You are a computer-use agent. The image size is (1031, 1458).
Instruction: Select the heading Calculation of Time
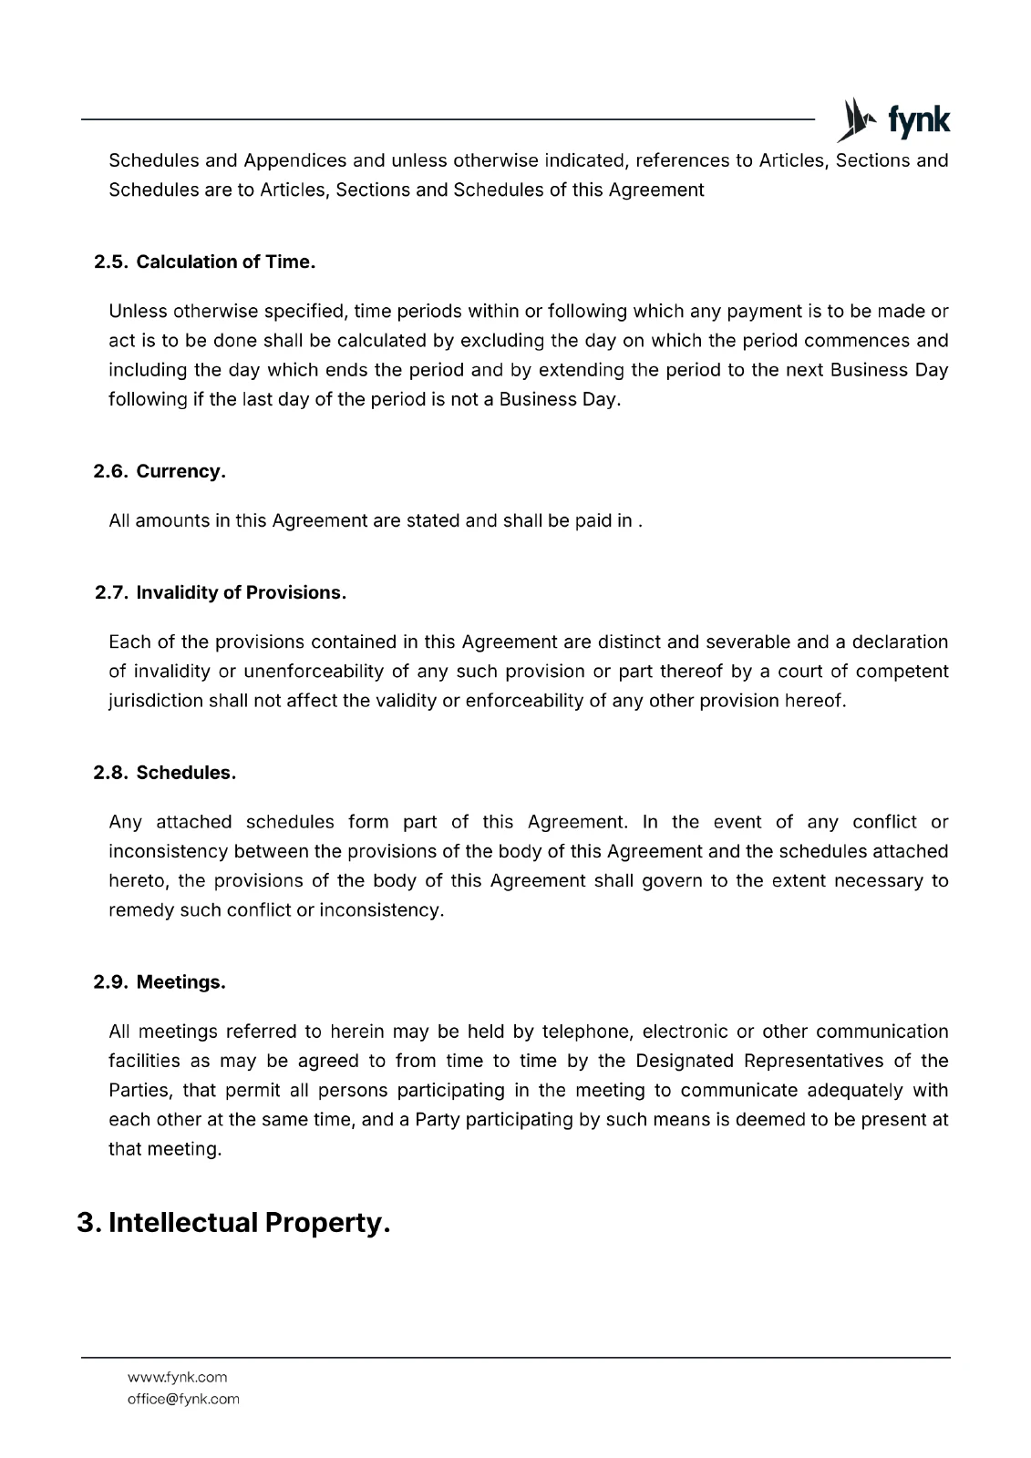pos(225,262)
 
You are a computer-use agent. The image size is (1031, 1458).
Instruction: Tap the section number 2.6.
pos(110,472)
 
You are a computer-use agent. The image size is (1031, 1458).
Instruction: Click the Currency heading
pos(180,472)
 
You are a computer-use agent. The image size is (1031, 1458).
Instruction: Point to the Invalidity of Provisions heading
pos(241,593)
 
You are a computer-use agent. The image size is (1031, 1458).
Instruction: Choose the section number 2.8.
pos(110,773)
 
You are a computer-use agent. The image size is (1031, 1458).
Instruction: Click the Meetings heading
pos(180,982)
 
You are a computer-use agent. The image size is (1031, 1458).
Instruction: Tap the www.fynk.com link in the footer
pos(177,1377)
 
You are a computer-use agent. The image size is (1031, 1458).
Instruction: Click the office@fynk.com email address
pos(183,1399)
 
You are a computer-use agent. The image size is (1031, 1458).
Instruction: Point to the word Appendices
pos(294,160)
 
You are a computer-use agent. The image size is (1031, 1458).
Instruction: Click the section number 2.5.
pos(110,262)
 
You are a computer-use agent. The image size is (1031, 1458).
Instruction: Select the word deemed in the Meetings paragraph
pos(768,1120)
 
